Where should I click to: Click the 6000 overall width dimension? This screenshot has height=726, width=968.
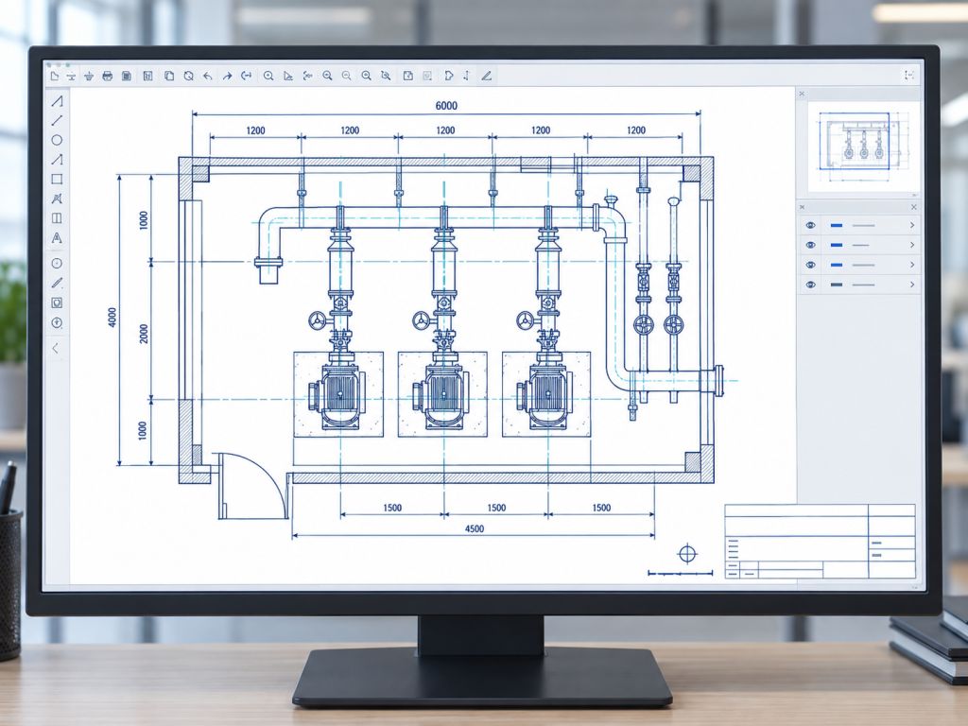point(446,106)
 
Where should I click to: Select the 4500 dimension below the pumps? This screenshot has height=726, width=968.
point(475,528)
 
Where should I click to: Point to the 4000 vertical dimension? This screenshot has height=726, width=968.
point(112,318)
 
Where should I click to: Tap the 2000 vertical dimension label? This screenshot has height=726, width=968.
point(144,334)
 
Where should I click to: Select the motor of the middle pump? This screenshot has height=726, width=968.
point(442,394)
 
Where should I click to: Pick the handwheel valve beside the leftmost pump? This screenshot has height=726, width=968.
point(318,320)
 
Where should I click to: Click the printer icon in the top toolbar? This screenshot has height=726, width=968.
point(108,76)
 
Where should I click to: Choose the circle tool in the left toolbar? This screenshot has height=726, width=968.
point(57,140)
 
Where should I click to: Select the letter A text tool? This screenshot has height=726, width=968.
point(57,237)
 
